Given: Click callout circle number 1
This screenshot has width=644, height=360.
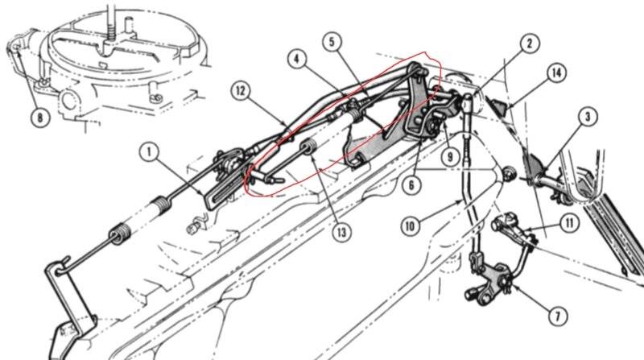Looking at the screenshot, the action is click(x=149, y=151).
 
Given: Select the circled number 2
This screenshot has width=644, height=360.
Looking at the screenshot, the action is click(x=529, y=43).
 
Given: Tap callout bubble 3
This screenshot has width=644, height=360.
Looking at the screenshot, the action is click(x=588, y=117).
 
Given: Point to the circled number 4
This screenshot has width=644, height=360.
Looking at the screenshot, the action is click(x=296, y=59).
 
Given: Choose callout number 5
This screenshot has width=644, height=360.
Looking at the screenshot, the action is click(x=332, y=42).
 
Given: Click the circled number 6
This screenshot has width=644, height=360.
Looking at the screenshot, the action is click(x=412, y=184).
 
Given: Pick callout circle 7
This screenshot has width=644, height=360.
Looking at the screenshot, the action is click(x=558, y=316).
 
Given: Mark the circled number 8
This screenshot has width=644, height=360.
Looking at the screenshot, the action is click(x=39, y=118).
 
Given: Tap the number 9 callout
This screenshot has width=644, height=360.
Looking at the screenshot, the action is click(x=450, y=156).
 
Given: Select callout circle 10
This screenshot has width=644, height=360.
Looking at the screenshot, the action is click(x=411, y=226).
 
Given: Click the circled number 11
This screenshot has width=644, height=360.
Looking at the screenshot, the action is click(x=570, y=223).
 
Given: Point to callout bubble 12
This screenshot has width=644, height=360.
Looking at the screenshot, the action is click(x=241, y=90).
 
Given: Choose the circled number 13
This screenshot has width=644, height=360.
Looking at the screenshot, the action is click(x=341, y=232).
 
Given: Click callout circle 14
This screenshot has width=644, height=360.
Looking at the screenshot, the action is click(x=556, y=73).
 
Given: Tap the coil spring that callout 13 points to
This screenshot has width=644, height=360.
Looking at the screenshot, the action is click(x=308, y=146).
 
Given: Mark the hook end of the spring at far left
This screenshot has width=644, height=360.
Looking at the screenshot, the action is click(x=62, y=267).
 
